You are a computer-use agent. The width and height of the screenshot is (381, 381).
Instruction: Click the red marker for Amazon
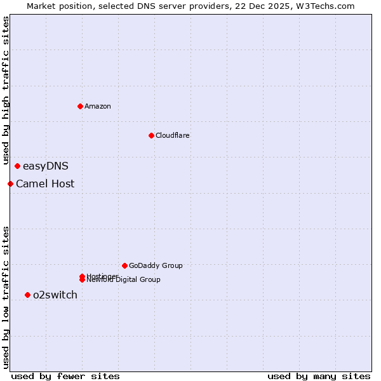click(x=80, y=106)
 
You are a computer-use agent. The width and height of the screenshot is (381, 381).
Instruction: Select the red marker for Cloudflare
click(x=151, y=135)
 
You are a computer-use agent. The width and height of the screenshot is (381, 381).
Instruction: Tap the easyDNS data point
click(x=17, y=166)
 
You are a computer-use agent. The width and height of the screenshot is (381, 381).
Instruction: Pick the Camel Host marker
click(x=10, y=184)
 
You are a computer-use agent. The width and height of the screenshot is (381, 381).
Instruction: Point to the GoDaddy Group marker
click(x=124, y=265)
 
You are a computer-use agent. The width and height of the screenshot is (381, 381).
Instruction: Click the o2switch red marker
click(x=27, y=295)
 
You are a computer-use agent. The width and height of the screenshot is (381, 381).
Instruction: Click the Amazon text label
click(x=97, y=106)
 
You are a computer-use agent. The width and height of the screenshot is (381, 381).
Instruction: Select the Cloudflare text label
click(x=172, y=135)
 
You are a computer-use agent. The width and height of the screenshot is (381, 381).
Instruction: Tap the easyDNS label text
click(x=45, y=166)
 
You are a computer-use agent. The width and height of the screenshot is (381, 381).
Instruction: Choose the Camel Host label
click(x=45, y=184)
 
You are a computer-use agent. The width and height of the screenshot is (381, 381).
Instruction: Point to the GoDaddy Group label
click(x=156, y=265)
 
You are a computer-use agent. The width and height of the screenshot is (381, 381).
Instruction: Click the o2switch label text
click(x=55, y=295)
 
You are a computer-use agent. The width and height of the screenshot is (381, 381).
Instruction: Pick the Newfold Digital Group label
click(x=124, y=280)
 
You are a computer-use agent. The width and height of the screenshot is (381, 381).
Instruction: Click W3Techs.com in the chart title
click(x=328, y=6)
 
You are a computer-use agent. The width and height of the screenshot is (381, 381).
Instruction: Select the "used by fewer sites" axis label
click(x=65, y=377)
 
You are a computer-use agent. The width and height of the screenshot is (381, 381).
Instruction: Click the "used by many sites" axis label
click(x=319, y=377)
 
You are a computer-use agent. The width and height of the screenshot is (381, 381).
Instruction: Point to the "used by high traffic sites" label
click(x=6, y=91)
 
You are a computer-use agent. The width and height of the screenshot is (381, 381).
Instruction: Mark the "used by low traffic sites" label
click(x=6, y=297)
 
